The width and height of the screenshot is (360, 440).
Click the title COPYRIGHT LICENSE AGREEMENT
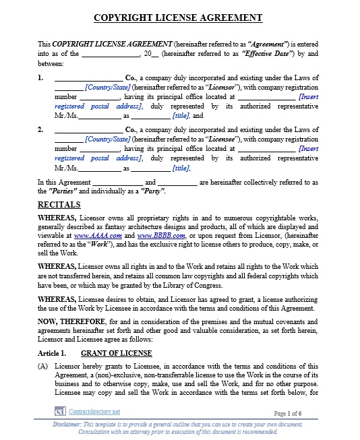[x=179, y=17]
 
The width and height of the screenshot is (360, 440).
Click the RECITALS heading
[x=59, y=205]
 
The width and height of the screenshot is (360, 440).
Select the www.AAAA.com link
[x=98, y=236]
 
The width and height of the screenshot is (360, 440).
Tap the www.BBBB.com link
[x=160, y=236]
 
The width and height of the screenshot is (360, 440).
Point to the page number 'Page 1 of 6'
[x=288, y=412]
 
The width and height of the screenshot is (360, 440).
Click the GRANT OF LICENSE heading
[x=116, y=353]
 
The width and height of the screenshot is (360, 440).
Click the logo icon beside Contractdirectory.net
[x=59, y=410]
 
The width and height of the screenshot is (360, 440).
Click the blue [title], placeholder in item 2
[x=181, y=168]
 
